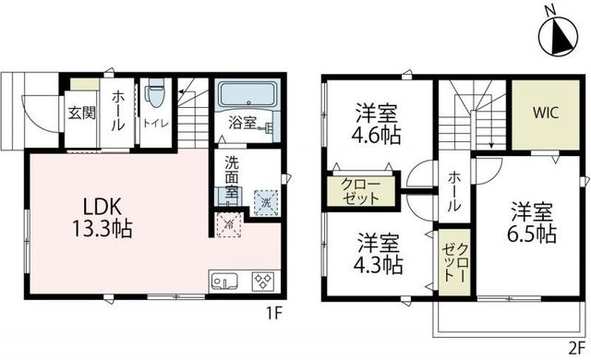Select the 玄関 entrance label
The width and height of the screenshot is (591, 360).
[x=80, y=114]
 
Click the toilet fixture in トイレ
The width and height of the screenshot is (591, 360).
[x=155, y=97]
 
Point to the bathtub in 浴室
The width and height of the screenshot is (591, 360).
[x=247, y=96]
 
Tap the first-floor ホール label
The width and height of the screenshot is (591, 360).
[x=120, y=109]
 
